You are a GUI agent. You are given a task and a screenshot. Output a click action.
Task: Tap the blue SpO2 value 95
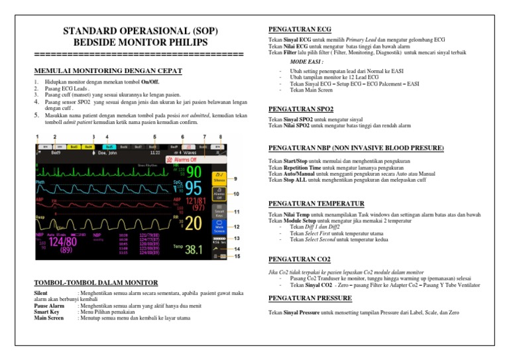[194, 188]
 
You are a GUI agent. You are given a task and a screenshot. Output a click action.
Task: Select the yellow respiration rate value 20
[194, 223]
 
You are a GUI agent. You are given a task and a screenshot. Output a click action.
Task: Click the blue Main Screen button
[219, 227]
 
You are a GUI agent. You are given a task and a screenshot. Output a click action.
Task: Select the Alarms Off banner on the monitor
[188, 160]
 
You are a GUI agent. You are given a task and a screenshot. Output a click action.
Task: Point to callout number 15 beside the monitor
[246, 255]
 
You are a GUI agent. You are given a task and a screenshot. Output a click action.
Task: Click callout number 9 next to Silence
[236, 178]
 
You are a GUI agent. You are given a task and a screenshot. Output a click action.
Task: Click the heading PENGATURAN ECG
[300, 29]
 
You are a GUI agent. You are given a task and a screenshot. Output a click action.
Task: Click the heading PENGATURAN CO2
[300, 259]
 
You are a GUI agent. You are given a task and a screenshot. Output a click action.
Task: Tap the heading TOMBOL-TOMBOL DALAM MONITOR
[95, 282]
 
